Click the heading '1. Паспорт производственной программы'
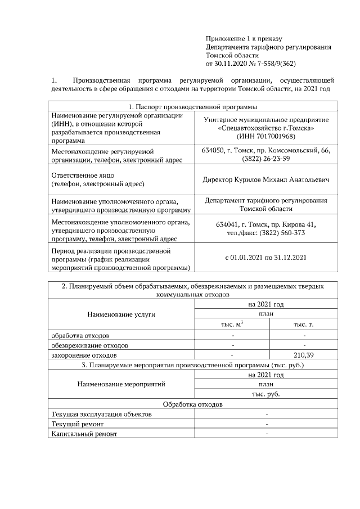click(x=193, y=107)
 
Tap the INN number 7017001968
click(x=274, y=137)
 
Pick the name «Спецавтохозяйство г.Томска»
click(x=265, y=128)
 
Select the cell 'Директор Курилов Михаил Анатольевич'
click(x=265, y=180)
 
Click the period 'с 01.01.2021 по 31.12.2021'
click(x=265, y=258)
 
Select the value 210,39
click(x=304, y=355)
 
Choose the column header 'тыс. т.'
click(x=304, y=325)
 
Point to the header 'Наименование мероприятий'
click(x=121, y=384)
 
